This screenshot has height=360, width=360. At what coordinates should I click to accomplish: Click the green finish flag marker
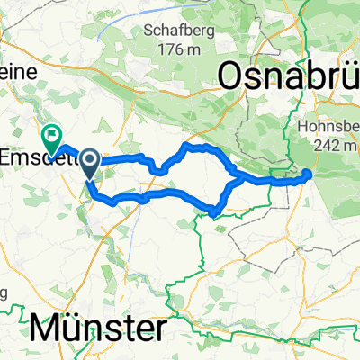click(x=50, y=138)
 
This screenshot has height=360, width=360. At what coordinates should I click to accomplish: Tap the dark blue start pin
click(x=91, y=162)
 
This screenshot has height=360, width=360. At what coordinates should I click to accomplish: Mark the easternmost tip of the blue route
click(x=310, y=174)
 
